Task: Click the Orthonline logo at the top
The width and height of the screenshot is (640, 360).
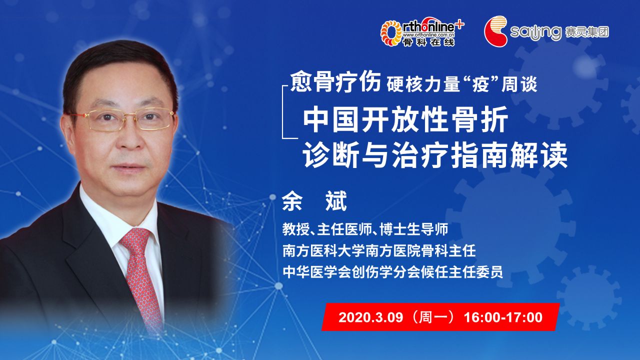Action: coord(422,31)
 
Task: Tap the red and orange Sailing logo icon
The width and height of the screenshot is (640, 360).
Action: coord(495,31)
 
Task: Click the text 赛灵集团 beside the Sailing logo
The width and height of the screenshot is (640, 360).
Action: coord(587,32)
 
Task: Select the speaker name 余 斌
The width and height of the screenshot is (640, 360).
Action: coord(314,201)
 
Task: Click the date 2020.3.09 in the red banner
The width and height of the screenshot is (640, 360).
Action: coord(370,317)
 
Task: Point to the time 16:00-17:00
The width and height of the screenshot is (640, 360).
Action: coord(503,317)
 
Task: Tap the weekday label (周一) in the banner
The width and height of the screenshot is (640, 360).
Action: coord(433,317)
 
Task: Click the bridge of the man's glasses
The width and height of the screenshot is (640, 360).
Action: coord(130,114)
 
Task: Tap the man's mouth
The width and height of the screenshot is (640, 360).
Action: coord(129,168)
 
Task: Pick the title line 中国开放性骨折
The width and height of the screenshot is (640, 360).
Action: coord(405,119)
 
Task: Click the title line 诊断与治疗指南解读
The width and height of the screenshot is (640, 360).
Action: coord(435,155)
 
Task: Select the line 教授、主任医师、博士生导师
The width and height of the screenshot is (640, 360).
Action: coord(365,229)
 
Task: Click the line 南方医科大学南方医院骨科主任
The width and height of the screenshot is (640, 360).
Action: coord(379,250)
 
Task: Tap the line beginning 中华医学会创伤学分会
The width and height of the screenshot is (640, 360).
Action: coord(393,271)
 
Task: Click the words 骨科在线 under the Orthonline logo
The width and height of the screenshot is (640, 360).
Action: coord(428,42)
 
